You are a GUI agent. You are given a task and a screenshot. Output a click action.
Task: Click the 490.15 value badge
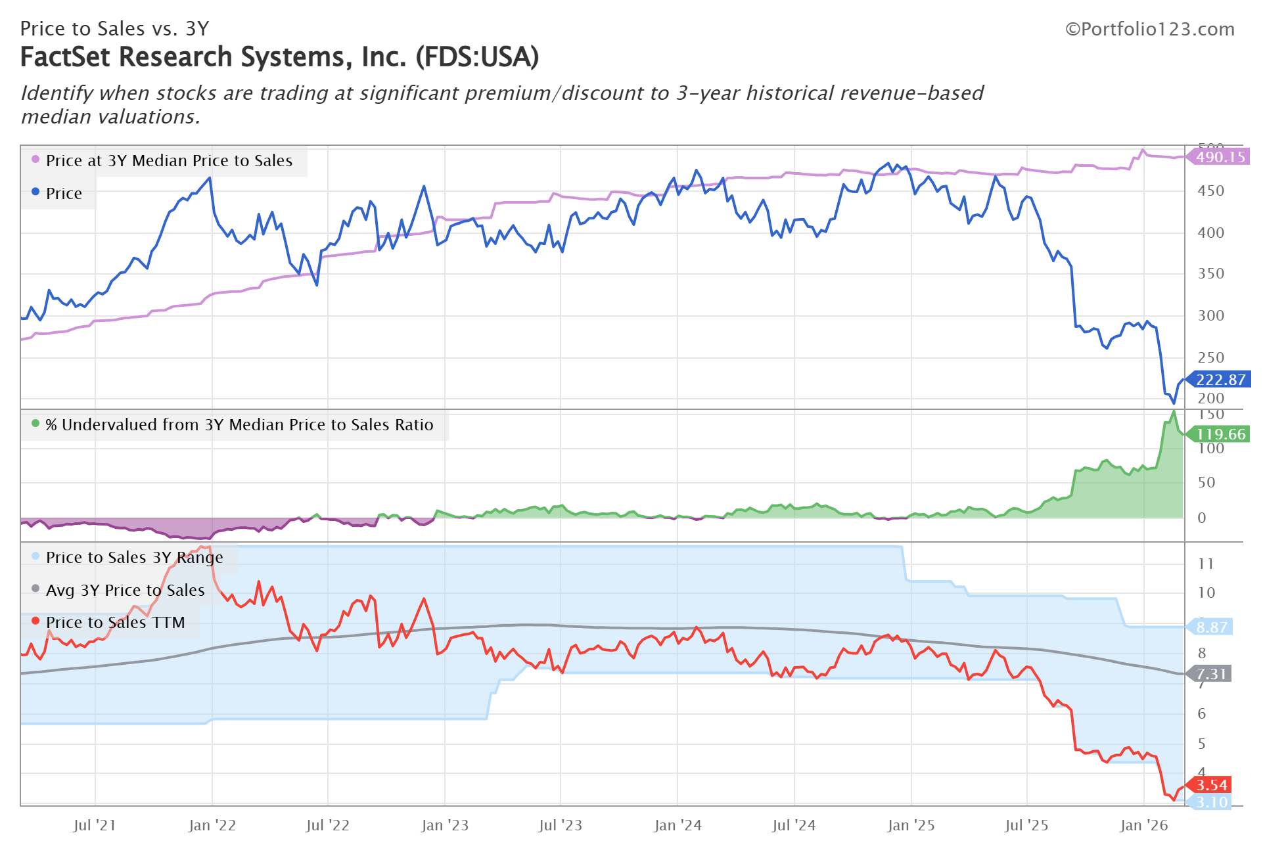coord(1220,157)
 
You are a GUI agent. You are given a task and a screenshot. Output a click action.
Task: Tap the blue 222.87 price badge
coord(1220,380)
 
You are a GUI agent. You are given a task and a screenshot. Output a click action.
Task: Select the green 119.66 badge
coord(1220,434)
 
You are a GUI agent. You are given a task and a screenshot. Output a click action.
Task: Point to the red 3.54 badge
coord(1211,785)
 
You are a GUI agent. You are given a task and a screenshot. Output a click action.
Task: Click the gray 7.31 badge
coord(1211,674)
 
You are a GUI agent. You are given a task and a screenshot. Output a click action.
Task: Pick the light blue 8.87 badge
coord(1211,627)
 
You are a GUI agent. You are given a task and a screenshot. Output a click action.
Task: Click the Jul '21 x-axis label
coord(95,826)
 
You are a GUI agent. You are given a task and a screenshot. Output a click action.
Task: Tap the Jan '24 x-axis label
coord(677,826)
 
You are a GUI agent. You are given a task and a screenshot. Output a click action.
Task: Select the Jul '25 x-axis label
coord(1026,826)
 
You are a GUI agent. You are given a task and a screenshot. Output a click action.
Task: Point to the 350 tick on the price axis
coord(1210,274)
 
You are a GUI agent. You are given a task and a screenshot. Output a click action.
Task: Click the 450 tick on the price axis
coord(1210,191)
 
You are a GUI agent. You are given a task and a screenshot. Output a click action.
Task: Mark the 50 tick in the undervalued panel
coord(1206,483)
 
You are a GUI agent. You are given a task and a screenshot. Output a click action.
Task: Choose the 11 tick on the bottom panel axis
coord(1206,564)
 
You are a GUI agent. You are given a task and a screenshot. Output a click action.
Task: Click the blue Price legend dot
coord(35,192)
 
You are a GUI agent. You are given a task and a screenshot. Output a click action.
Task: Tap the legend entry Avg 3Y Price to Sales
coord(125,591)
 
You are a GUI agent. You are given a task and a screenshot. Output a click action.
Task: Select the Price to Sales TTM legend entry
coord(115,623)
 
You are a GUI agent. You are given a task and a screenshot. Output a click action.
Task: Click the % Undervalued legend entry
coord(239,425)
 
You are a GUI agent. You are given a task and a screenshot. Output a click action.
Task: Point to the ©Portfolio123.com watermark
coord(1149,30)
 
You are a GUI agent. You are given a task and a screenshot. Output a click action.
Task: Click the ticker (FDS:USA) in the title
coord(477,57)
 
